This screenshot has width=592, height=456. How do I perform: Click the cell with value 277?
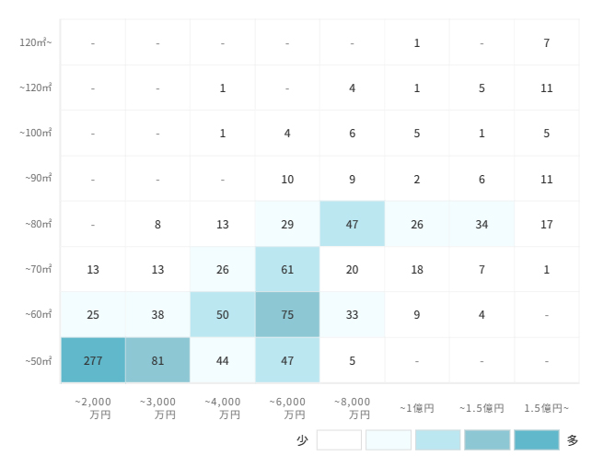pyautogui.click(x=93, y=360)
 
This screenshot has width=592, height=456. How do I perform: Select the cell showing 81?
pyautogui.click(x=157, y=360)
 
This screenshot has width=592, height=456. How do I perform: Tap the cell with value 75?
pyautogui.click(x=287, y=315)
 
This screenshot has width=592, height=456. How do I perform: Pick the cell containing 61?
pyautogui.click(x=287, y=269)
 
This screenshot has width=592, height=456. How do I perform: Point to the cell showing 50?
pyautogui.click(x=223, y=315)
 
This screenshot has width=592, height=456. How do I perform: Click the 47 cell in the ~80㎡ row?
pyautogui.click(x=353, y=224)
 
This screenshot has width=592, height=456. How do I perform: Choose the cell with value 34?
pyautogui.click(x=482, y=224)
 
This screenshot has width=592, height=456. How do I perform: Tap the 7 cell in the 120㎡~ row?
pyautogui.click(x=547, y=42)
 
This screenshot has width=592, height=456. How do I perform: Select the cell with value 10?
pyautogui.click(x=287, y=179)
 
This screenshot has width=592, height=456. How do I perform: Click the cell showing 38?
pyautogui.click(x=157, y=315)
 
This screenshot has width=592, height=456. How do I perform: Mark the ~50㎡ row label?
pyautogui.click(x=38, y=361)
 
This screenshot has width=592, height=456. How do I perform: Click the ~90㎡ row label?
pyautogui.click(x=38, y=179)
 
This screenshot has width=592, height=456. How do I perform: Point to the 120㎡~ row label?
pyautogui.click(x=36, y=42)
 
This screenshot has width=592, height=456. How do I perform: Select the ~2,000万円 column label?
pyautogui.click(x=92, y=408)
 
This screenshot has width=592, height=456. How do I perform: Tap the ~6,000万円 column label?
pyautogui.click(x=287, y=408)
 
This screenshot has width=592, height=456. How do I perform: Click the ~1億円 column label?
pyautogui.click(x=417, y=408)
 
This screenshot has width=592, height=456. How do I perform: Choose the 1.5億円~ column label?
pyautogui.click(x=547, y=408)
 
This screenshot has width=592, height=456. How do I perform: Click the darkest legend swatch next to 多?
pyautogui.click(x=537, y=440)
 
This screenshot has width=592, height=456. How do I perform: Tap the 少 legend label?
pyautogui.click(x=302, y=440)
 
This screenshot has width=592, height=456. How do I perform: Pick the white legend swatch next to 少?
pyautogui.click(x=339, y=440)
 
